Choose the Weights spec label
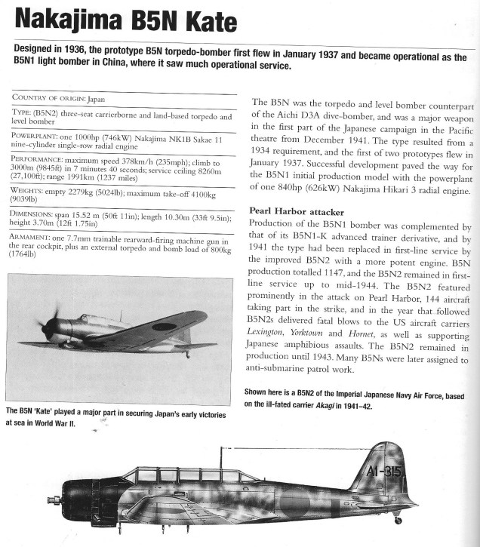pos(30,192)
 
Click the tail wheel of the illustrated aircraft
pos(397,520)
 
